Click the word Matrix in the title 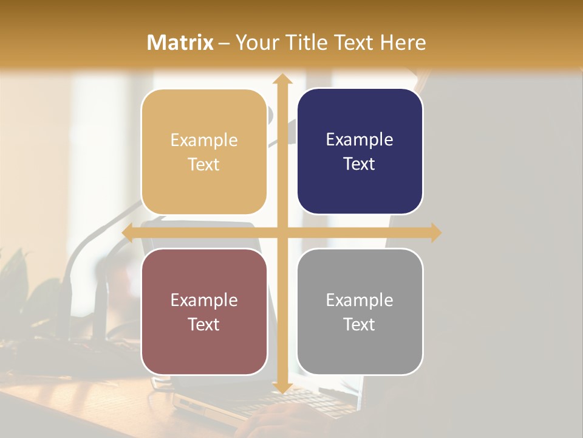click(x=180, y=43)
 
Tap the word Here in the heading click(x=403, y=43)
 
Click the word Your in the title click(x=257, y=43)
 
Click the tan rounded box click(x=204, y=152)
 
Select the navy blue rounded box click(x=360, y=151)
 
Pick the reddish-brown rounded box click(x=204, y=311)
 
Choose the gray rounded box click(x=360, y=311)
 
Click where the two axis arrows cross click(x=282, y=233)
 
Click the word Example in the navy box click(x=360, y=139)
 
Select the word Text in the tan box click(x=204, y=165)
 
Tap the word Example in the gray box click(x=360, y=300)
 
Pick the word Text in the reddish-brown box click(x=204, y=324)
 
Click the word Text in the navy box click(x=360, y=164)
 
